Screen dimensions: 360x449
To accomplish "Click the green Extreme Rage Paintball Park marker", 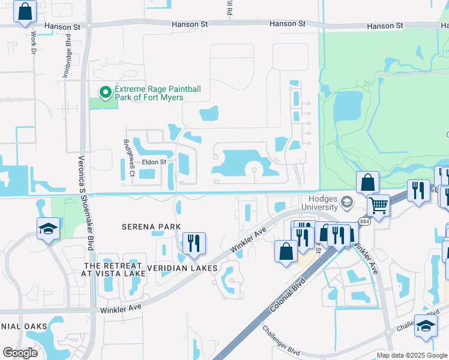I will [106, 92].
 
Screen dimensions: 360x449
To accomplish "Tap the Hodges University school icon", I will [346, 202].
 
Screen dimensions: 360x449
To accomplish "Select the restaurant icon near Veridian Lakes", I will [193, 243].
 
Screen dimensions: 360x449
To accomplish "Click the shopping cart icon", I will [378, 205].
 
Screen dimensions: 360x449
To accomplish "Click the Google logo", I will [20, 353].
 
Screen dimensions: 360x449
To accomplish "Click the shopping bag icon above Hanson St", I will [25, 11].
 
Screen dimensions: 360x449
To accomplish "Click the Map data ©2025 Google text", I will [412, 356].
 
